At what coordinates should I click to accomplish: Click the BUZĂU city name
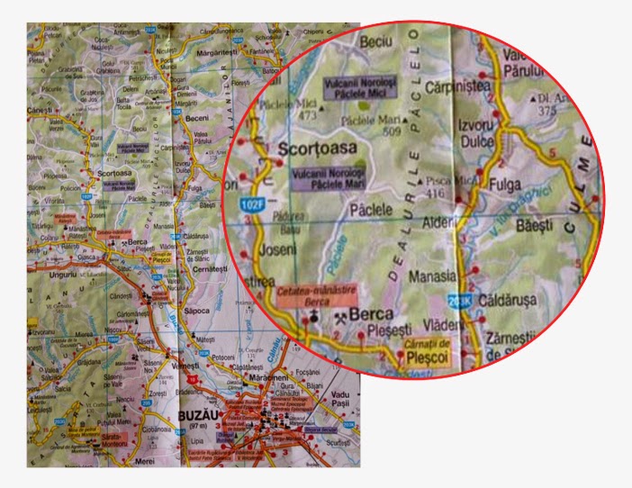pos(199,416)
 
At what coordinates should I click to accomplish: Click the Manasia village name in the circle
pos(433,278)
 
